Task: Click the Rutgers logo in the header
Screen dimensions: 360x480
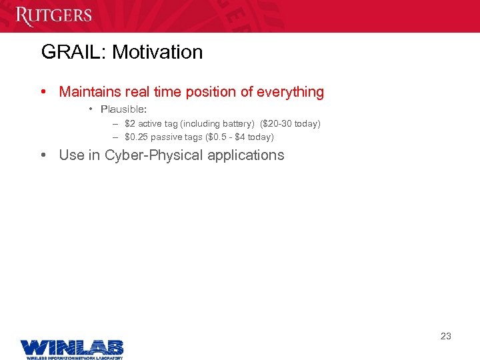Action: (x=53, y=15)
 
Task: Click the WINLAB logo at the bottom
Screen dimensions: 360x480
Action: (x=72, y=348)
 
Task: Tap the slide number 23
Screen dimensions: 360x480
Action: (x=446, y=336)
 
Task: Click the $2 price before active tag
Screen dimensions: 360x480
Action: (x=129, y=124)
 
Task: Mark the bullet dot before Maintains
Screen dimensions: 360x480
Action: (x=43, y=92)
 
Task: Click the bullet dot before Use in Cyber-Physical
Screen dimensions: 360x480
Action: (x=43, y=156)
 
